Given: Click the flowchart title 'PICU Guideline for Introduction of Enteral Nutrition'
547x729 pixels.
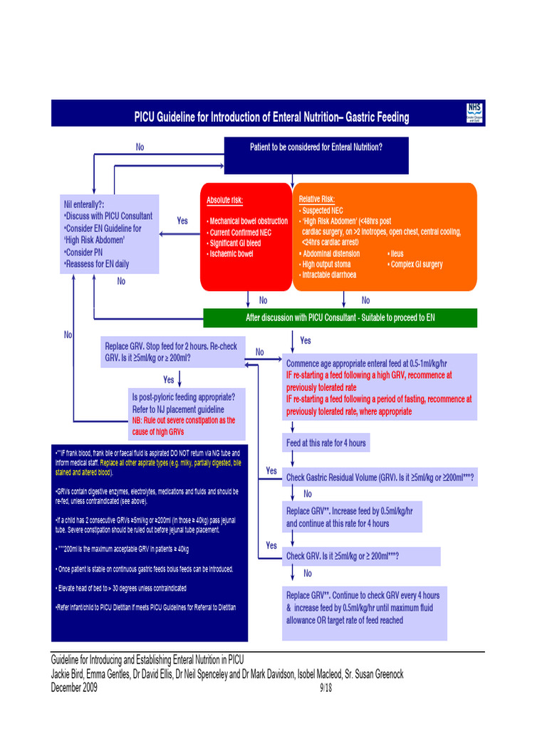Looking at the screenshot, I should pos(271,117).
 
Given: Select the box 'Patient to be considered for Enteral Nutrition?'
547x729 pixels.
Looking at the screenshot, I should pos(316,147).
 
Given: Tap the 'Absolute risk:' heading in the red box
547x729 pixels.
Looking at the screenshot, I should pos(224,201).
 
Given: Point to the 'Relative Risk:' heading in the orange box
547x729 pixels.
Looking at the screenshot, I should pos(316,199).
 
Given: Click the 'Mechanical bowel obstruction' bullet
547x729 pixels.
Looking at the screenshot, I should pos(248,221).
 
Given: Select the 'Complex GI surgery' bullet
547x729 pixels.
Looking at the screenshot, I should pos(416,264).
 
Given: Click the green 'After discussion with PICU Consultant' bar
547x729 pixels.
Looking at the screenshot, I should pos(340,318).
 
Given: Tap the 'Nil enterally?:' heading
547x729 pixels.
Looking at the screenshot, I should pos(84,204).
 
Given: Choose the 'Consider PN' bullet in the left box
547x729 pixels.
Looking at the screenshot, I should pos(85,252).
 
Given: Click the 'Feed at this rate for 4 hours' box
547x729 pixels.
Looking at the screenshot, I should pos(325,443).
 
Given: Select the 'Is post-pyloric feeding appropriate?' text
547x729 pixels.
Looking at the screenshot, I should pos(183,397).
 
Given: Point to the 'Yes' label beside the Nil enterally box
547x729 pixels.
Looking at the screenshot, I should pos(182,221).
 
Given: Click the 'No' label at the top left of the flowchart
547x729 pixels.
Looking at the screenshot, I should pos(140,147).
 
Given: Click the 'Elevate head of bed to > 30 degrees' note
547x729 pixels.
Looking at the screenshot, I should pos(121,588).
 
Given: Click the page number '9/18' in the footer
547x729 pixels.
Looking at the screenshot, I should pos(326,688).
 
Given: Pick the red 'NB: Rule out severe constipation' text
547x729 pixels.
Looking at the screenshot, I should pos(183,426).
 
